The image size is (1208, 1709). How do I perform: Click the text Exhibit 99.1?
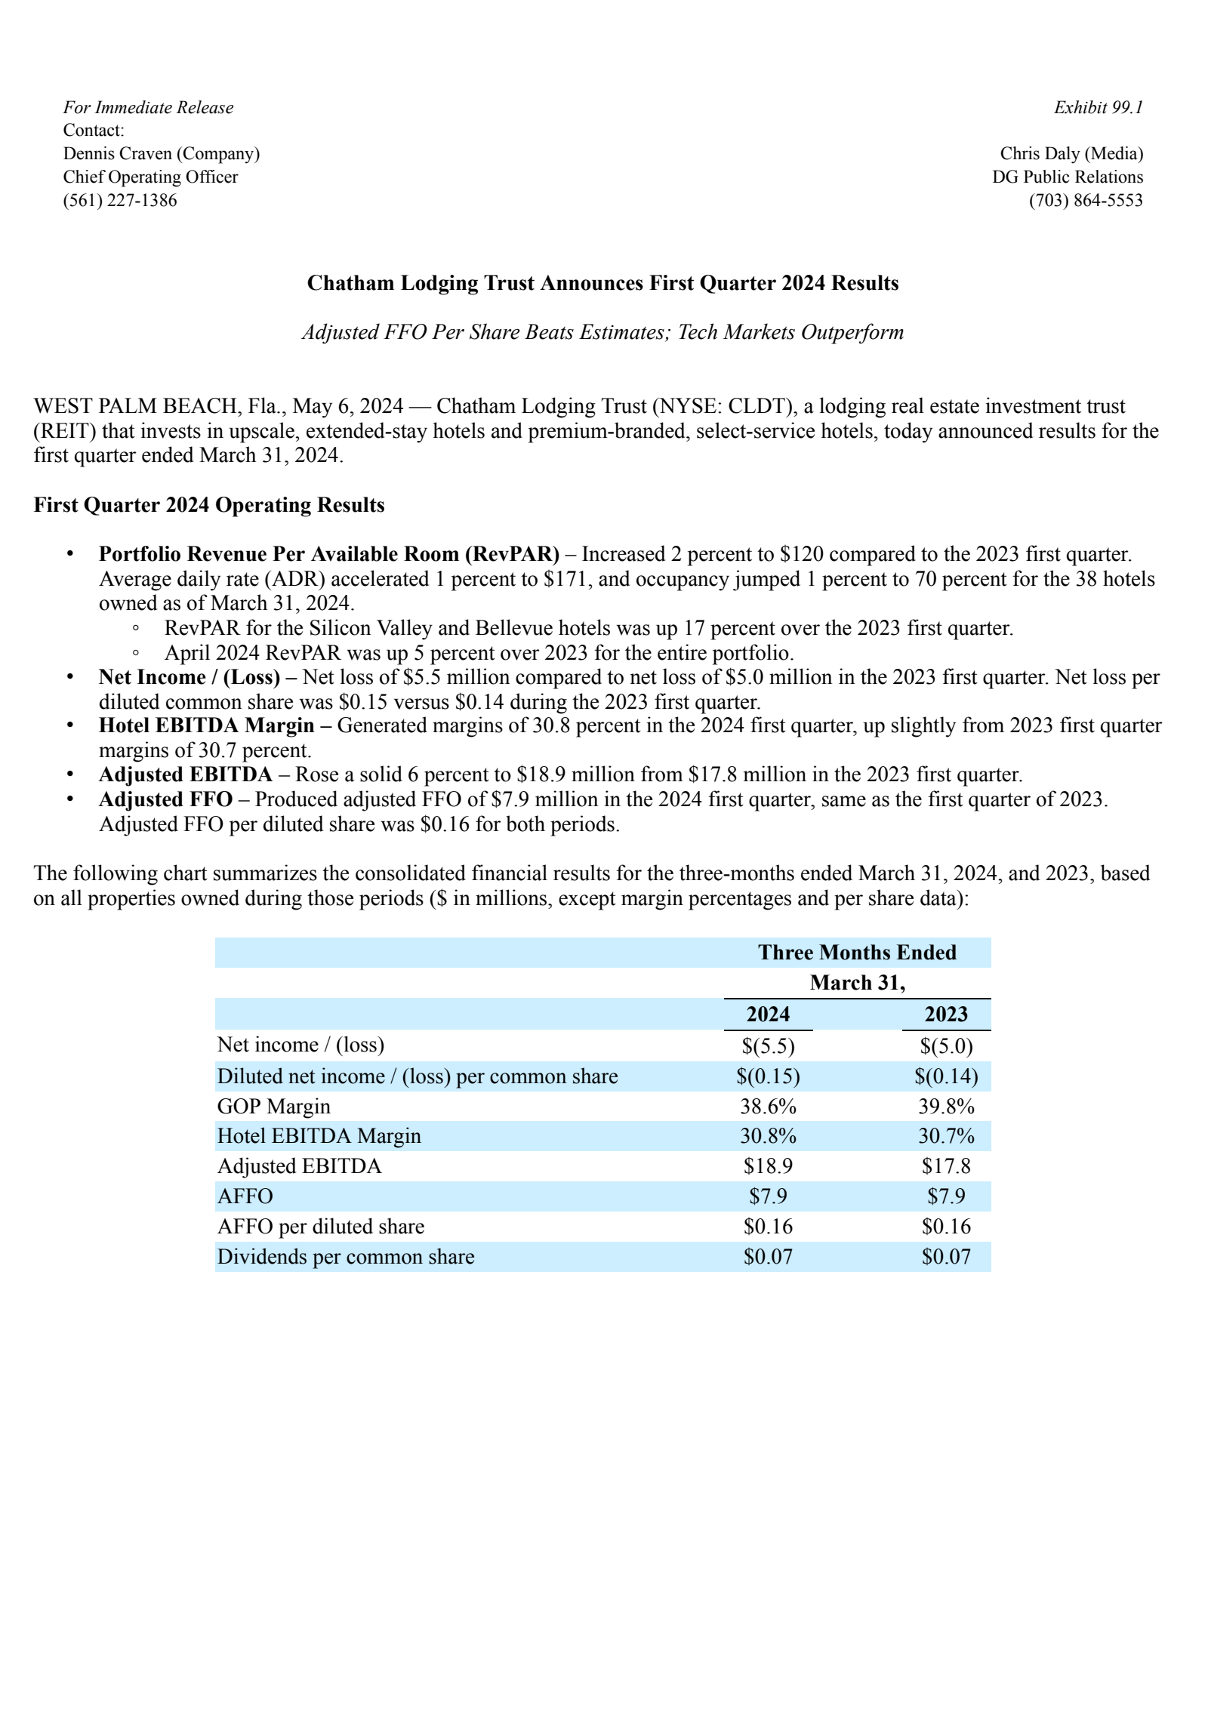point(1098,107)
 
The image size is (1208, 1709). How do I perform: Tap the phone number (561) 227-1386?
point(120,200)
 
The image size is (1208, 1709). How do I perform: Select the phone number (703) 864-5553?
point(1086,200)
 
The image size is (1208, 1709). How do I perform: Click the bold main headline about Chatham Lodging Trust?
point(602,283)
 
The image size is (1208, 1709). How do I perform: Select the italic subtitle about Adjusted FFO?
point(602,332)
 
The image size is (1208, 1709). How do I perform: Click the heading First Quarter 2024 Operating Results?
point(209,505)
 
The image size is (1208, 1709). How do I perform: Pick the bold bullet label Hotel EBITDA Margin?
point(206,725)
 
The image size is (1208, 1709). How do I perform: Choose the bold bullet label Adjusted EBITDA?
point(186,774)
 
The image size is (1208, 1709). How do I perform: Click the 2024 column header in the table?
point(768,1014)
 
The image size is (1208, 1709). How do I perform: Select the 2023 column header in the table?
point(946,1014)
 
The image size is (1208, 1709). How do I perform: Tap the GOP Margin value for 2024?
point(768,1106)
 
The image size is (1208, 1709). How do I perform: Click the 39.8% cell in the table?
point(946,1106)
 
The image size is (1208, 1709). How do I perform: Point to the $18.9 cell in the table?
point(768,1166)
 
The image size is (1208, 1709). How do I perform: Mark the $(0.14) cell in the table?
point(946,1076)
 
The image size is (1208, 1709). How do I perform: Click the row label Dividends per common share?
point(346,1257)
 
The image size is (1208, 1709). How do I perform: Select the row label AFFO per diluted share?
point(321,1227)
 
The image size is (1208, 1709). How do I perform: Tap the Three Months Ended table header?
point(857,953)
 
